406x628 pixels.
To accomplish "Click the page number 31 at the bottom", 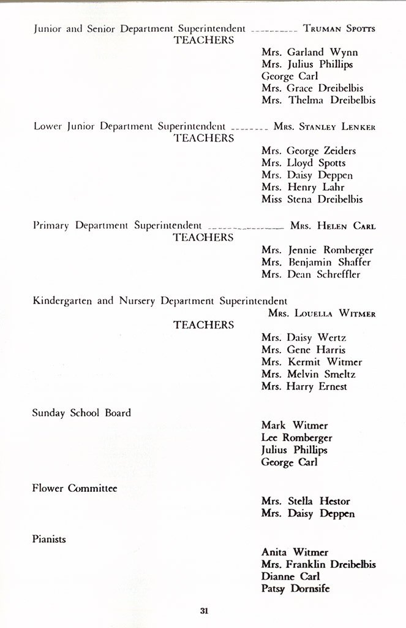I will point(205,610).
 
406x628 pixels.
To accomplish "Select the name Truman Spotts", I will point(339,29).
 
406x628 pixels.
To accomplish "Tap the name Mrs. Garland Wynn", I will point(309,52).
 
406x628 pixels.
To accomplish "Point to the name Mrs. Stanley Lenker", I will point(325,127).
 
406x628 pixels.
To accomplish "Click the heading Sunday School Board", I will point(81,413).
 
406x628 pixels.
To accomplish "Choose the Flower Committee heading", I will point(75,488).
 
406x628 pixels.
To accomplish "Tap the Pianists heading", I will point(49,539).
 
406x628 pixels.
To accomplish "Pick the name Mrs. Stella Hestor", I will point(306,501).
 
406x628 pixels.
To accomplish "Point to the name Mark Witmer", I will point(294,425).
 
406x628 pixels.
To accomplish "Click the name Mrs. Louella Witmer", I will point(322,314).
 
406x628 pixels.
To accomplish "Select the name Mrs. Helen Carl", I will point(333,226).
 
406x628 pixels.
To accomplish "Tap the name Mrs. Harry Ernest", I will point(304,386).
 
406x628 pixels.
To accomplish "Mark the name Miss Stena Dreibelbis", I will point(312,199).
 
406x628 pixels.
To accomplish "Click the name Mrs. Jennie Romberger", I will point(317,250).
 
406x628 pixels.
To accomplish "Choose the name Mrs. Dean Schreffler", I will point(310,274).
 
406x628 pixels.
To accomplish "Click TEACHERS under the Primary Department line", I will point(204,237).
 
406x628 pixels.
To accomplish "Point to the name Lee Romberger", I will point(296,437).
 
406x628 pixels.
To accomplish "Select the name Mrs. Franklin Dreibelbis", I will point(318,564).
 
